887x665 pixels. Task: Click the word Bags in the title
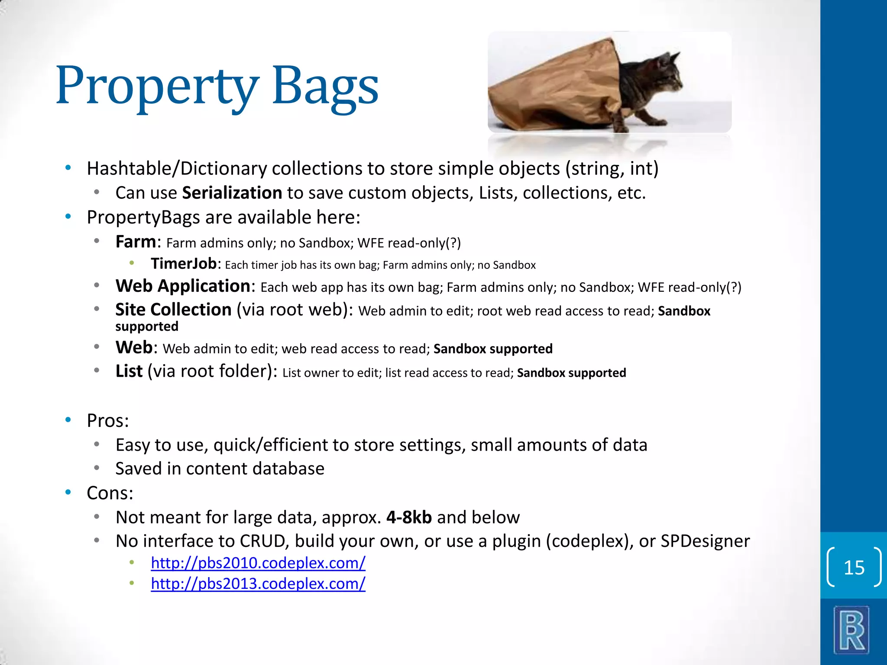pyautogui.click(x=325, y=87)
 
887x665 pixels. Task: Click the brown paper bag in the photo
pyautogui.click(x=559, y=91)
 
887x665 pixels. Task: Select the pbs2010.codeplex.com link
pyautogui.click(x=258, y=563)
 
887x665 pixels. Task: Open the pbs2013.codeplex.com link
pyautogui.click(x=258, y=584)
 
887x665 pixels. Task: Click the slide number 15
pyautogui.click(x=854, y=568)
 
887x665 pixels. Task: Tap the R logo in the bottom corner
pyautogui.click(x=851, y=630)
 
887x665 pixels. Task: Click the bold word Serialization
pyautogui.click(x=232, y=193)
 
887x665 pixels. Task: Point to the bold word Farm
pyautogui.click(x=135, y=242)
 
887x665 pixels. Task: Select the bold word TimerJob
pyautogui.click(x=184, y=264)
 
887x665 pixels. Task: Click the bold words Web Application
pyautogui.click(x=183, y=286)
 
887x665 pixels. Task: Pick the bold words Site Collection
pyautogui.click(x=173, y=310)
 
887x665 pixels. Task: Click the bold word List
pyautogui.click(x=129, y=371)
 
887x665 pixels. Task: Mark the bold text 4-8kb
pyautogui.click(x=409, y=517)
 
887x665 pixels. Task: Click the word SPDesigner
pyautogui.click(x=705, y=541)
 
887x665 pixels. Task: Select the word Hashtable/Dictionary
pyautogui.click(x=177, y=168)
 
